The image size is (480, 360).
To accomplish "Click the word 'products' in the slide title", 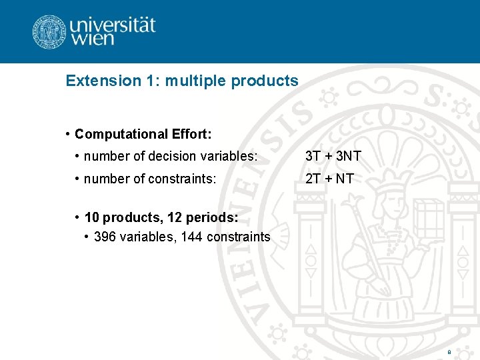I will pos(265,81).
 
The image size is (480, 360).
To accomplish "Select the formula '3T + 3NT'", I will pos(333,157).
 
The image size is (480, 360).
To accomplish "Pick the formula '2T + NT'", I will pos(329,179).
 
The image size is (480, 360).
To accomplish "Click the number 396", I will pos(105,237).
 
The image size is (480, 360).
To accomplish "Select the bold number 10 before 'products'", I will pos(92,218).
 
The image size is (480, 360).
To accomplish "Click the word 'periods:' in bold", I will pos(215,218).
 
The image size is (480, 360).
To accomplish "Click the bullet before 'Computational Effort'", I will pos(69,134).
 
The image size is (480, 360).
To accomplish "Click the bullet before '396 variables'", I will pos(88,237).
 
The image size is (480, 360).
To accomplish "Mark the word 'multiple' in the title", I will pos(195,81).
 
